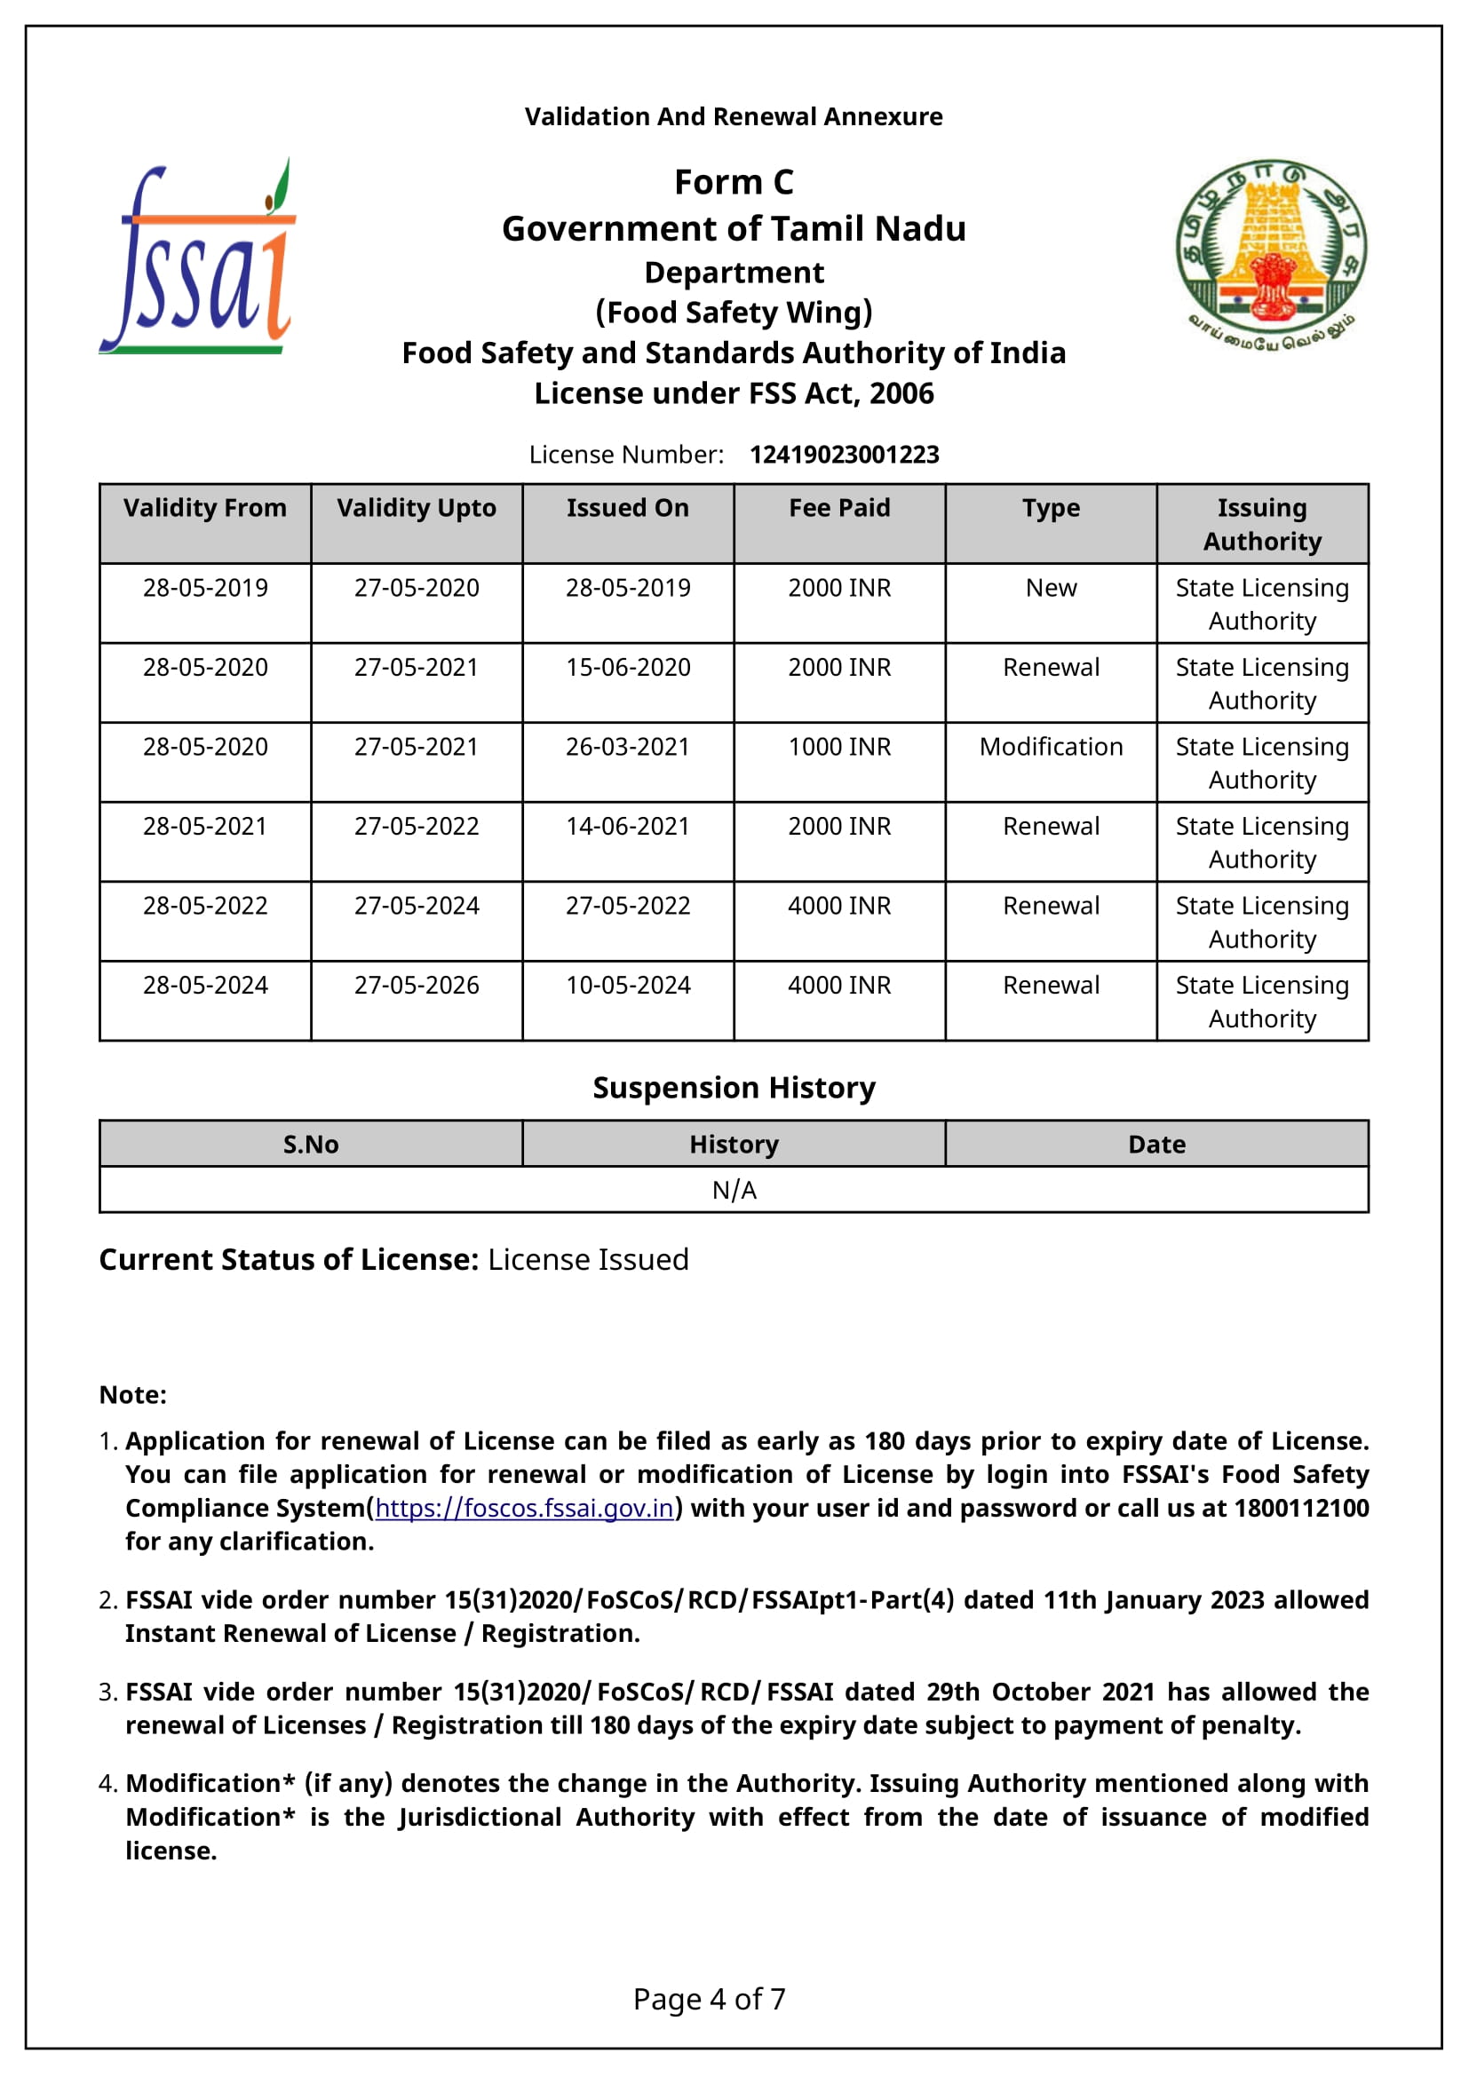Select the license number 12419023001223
pyautogui.click(x=844, y=454)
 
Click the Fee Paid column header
pyautogui.click(x=839, y=509)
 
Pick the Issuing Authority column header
pyautogui.click(x=1262, y=524)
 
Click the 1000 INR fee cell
pyautogui.click(x=839, y=747)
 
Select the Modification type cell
pyautogui.click(x=1051, y=747)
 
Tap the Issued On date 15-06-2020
pyautogui.click(x=628, y=668)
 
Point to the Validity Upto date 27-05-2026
pyautogui.click(x=416, y=985)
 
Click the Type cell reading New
pyautogui.click(x=1051, y=588)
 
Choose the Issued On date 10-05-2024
pyautogui.click(x=628, y=985)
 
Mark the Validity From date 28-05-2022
pyautogui.click(x=205, y=906)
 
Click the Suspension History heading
pyautogui.click(x=734, y=1088)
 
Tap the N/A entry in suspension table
pyautogui.click(x=734, y=1191)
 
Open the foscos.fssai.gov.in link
pyautogui.click(x=525, y=1508)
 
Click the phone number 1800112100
pyautogui.click(x=1301, y=1508)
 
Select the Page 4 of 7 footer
pyautogui.click(x=709, y=1998)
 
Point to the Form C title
pyautogui.click(x=734, y=183)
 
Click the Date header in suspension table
pyautogui.click(x=1156, y=1145)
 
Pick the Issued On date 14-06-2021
pyautogui.click(x=628, y=827)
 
